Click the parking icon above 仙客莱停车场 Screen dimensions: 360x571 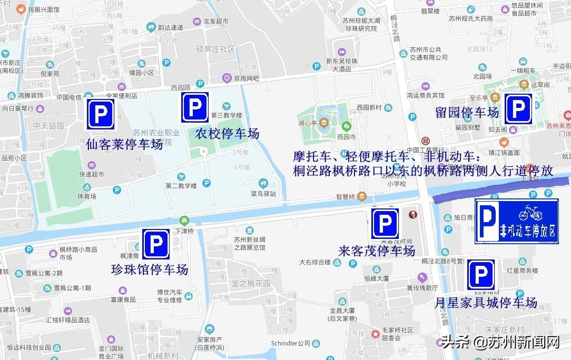[101, 113]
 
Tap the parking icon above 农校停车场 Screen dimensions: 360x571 [195, 107]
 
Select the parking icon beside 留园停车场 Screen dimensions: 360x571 [518, 109]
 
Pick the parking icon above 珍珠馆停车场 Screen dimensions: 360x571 [156, 244]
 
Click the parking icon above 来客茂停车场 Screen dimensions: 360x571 [385, 223]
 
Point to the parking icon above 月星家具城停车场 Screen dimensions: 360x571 [480, 275]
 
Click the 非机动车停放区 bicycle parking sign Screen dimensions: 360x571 [516, 221]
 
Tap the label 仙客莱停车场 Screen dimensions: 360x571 [124, 144]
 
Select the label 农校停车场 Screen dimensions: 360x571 [227, 134]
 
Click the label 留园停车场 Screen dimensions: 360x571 [467, 112]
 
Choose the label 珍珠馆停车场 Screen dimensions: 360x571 [150, 270]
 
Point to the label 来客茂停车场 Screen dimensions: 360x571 [377, 251]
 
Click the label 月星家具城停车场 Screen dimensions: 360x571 [486, 303]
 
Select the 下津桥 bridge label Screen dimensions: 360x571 [184, 231]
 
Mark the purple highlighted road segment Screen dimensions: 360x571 [500, 189]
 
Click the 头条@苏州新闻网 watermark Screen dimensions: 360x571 [500, 342]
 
